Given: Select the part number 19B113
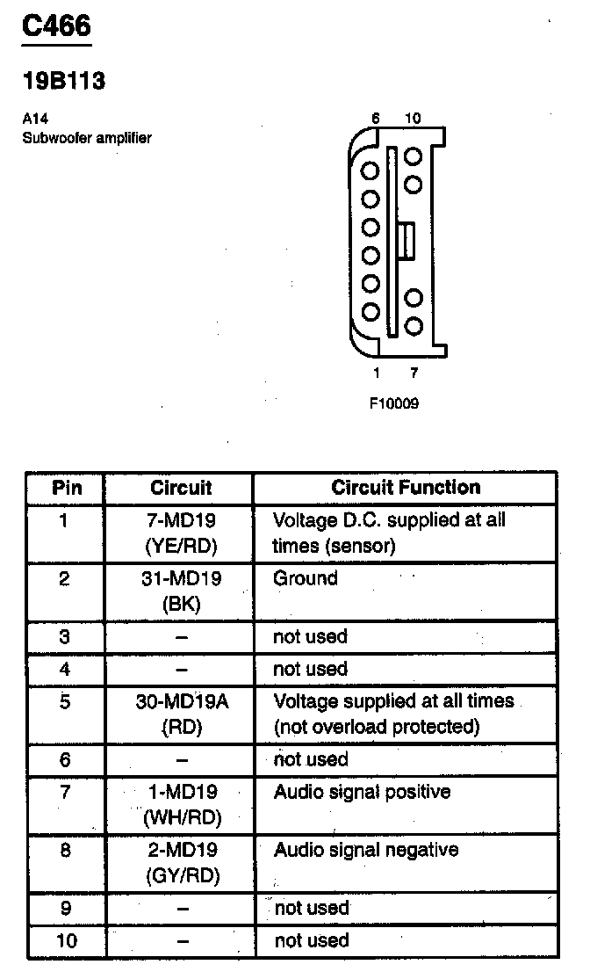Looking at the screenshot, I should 63,82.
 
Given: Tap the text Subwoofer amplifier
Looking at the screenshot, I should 87,138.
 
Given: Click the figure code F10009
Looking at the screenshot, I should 394,405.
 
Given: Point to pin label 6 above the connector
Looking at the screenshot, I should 375,119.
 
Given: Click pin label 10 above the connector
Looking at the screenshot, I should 413,119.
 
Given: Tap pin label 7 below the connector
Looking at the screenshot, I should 414,373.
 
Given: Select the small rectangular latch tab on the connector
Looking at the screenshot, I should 405,241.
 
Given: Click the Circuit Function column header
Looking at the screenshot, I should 405,488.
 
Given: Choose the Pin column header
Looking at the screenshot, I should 67,488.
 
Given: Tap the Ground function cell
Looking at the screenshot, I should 306,578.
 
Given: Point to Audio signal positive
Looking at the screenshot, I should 362,792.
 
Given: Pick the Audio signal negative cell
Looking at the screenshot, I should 365,850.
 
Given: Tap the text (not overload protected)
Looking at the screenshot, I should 377,727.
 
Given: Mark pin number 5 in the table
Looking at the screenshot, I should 66,702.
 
